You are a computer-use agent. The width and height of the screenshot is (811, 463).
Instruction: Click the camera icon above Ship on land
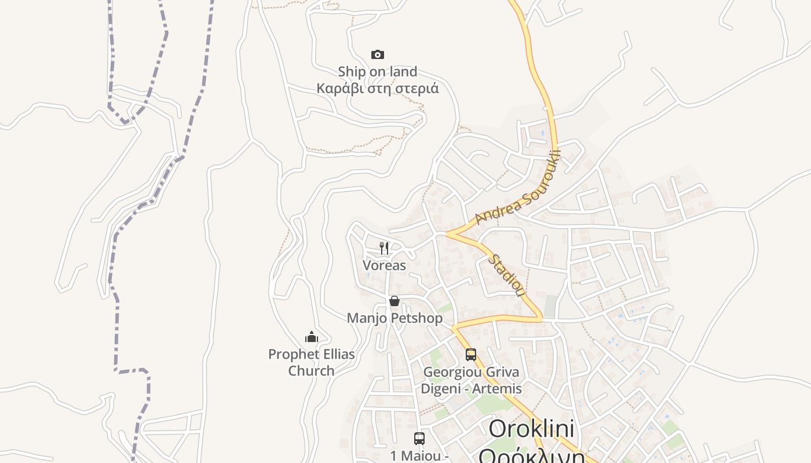378,54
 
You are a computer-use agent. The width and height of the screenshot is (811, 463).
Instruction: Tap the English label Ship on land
378,72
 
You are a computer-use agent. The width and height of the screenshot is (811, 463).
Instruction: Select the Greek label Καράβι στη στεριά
378,89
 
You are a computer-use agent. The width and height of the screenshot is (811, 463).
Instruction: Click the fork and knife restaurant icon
384,248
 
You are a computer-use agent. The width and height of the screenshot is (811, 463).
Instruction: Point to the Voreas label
384,266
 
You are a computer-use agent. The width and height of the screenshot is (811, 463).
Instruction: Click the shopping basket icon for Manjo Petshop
394,301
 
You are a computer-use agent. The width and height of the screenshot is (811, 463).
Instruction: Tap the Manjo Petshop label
394,318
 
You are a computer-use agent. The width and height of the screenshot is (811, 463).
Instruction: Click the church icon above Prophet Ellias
312,337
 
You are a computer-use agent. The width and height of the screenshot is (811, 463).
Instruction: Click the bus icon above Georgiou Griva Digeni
471,355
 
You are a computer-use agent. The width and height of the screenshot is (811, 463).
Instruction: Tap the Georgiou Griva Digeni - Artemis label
471,380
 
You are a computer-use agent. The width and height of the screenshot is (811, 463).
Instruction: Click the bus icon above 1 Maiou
419,439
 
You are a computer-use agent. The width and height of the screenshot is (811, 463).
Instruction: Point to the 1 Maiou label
419,456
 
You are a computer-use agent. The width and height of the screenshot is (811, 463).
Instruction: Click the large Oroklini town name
531,429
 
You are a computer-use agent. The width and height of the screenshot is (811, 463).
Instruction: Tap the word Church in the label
312,371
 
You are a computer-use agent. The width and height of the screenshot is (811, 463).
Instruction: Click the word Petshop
417,318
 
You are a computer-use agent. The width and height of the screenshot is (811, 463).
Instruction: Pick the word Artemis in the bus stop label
497,389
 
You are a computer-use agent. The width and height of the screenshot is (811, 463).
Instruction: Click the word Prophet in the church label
293,354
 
